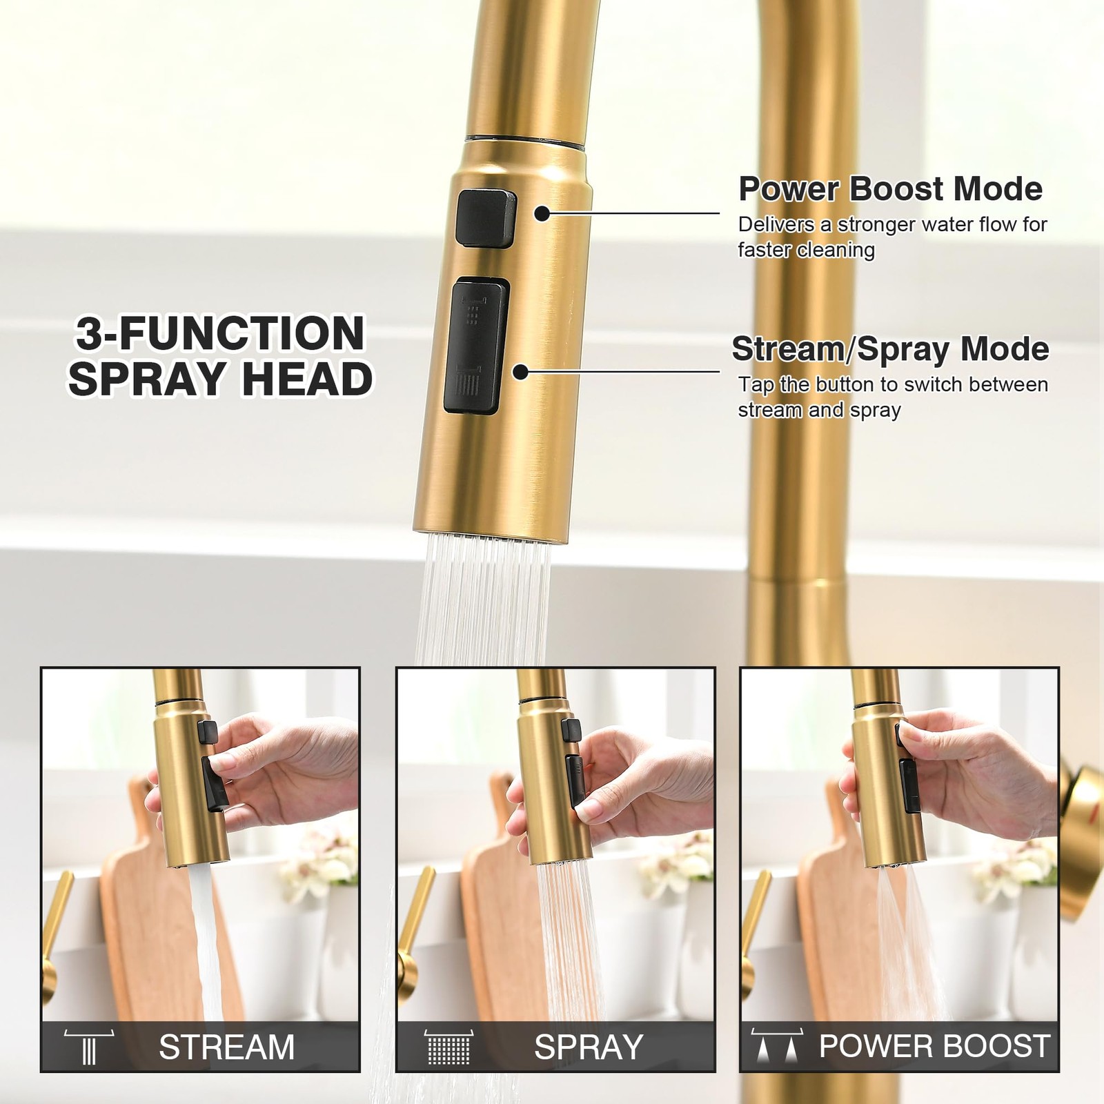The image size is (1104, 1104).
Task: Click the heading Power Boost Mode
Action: point(890,188)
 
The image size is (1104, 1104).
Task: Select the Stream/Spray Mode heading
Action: point(890,349)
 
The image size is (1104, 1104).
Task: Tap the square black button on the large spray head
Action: point(486,217)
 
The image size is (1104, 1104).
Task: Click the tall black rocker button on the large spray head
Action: point(475,346)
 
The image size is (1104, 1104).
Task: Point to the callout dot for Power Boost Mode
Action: point(542,214)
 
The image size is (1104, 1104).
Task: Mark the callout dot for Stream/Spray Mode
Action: point(521,372)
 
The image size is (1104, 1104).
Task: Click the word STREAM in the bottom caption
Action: point(226,1047)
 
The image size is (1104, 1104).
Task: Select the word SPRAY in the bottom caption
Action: point(589,1047)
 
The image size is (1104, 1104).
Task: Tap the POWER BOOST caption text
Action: point(935,1046)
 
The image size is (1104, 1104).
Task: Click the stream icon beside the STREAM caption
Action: point(89,1047)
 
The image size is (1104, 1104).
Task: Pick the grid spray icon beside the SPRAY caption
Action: point(448,1047)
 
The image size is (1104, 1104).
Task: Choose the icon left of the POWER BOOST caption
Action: point(777,1046)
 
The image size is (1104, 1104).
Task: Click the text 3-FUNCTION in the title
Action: point(220,333)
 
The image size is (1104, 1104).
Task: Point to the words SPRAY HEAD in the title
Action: point(220,379)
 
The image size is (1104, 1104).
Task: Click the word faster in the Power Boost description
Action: point(765,249)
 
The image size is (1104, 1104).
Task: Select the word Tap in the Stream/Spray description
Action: point(756,385)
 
